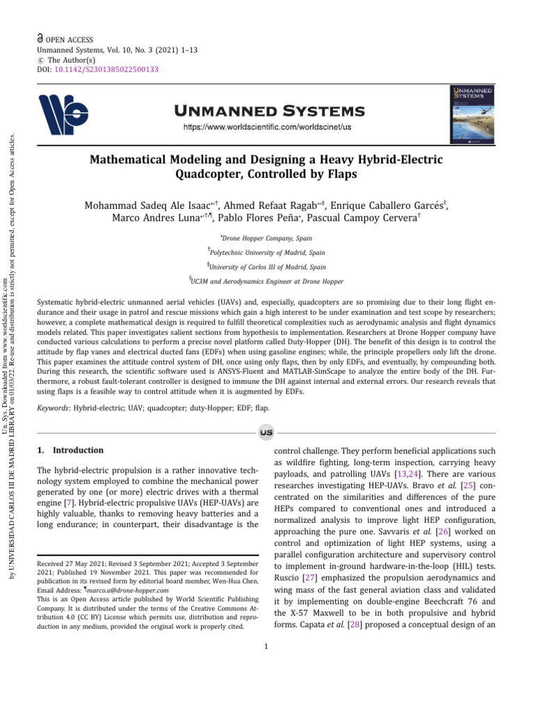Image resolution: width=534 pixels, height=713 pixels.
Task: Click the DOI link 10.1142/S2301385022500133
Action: [x=106, y=69]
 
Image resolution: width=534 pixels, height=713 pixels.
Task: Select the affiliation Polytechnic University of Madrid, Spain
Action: [x=267, y=252]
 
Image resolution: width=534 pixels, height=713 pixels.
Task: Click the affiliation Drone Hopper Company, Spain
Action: [x=267, y=238]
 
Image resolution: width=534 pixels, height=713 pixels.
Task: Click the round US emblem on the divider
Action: [x=266, y=432]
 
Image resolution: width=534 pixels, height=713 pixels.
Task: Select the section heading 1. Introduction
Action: [x=69, y=450]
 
